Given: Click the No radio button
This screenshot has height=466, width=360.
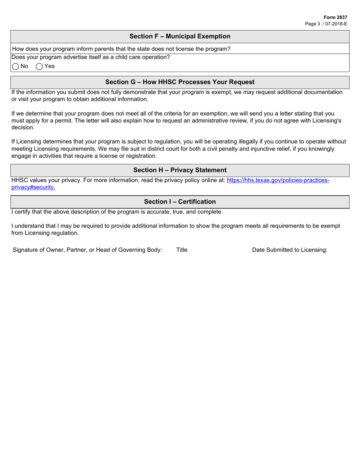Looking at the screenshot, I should [16, 67].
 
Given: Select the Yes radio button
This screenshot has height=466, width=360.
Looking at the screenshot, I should [39, 67].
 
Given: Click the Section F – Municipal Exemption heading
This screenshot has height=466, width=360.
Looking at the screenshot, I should [180, 36].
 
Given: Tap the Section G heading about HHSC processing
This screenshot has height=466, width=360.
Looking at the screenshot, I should [180, 82].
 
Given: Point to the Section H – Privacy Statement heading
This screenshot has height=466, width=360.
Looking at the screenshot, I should [180, 170].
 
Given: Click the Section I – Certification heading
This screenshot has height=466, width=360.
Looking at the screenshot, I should [180, 202].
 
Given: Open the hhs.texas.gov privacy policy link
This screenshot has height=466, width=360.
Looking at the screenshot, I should [278, 180].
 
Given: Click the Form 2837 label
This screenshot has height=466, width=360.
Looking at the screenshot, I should [335, 17].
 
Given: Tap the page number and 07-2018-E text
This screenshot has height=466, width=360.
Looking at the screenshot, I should [326, 24].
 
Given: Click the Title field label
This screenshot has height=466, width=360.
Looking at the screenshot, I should [182, 250].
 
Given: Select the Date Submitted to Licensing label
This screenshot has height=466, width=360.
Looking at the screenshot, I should [290, 250].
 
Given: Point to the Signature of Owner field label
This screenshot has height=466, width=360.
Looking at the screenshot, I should [87, 250].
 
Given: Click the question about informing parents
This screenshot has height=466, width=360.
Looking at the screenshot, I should [121, 49].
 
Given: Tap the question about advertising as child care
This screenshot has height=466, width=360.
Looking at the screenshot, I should [91, 57].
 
